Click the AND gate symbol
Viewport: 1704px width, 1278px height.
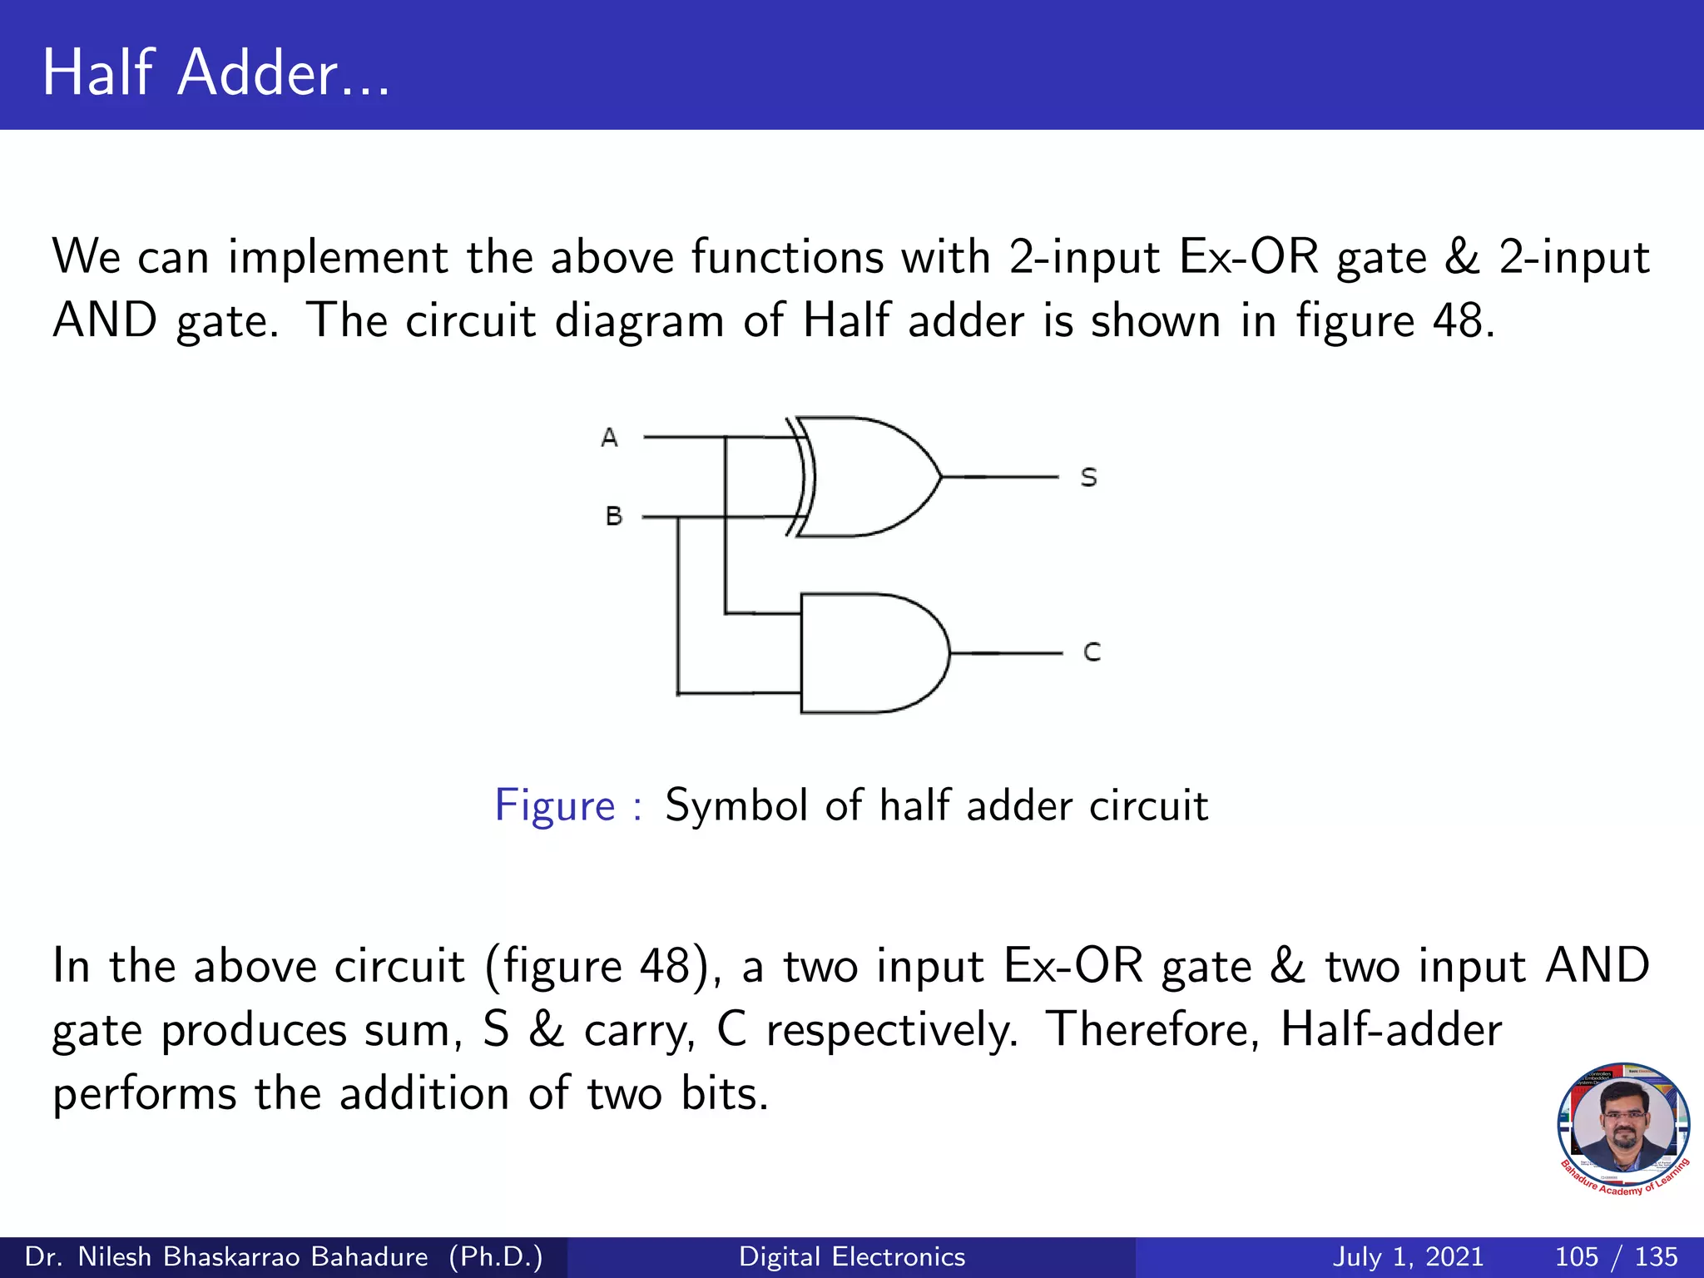[869, 653]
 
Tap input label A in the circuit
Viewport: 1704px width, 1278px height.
[609, 438]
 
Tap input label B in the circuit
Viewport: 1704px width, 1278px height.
[614, 517]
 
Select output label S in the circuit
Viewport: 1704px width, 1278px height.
[1088, 478]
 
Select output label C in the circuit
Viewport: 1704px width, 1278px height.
[1092, 652]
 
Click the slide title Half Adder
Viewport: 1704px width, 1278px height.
[215, 72]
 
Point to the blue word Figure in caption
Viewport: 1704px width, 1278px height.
[555, 805]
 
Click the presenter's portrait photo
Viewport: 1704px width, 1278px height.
[1622, 1125]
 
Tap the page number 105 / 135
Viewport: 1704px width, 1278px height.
[1616, 1256]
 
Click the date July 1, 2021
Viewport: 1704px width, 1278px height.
[1408, 1256]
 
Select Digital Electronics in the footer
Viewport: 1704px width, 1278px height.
[852, 1256]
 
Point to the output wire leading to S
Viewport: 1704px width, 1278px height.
[998, 477]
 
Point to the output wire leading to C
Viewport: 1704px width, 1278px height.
[1005, 653]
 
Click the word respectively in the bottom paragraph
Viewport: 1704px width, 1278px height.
[891, 1030]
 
